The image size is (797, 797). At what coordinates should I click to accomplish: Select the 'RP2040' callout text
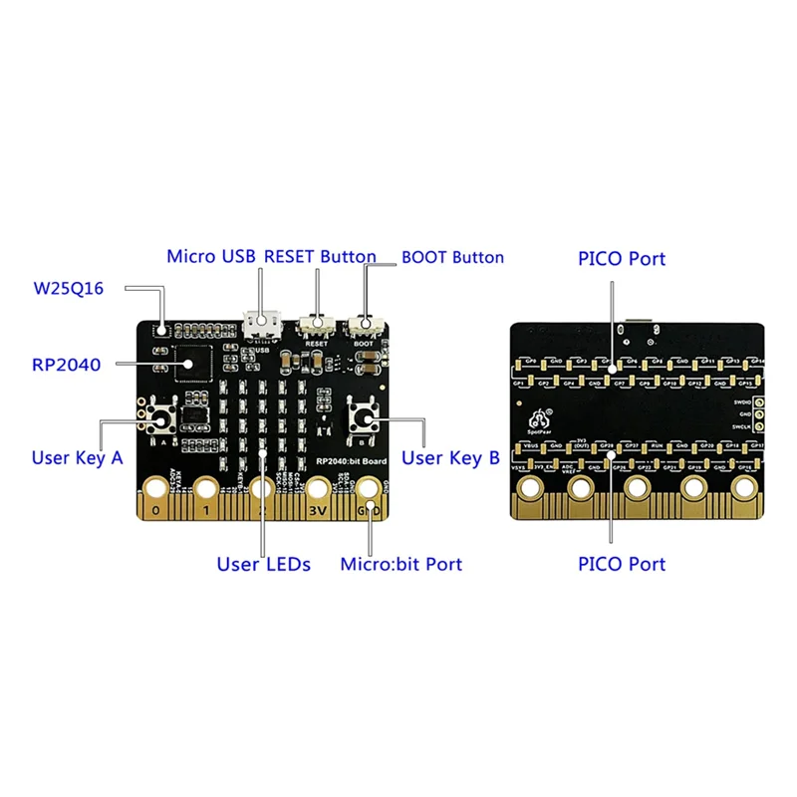66,366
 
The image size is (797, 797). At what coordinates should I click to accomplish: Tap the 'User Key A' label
77,458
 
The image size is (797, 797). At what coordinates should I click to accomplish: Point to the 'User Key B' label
450,458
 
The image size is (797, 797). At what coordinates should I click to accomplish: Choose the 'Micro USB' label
211,257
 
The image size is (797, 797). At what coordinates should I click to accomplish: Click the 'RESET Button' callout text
320,257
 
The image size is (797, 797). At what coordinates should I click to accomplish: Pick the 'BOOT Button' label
452,257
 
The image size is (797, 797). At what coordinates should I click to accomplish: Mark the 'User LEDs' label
264,565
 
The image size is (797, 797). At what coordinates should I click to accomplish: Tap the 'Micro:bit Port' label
401,565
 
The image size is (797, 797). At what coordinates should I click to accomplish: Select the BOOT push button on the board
365,325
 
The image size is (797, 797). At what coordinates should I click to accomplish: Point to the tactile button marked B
363,419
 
